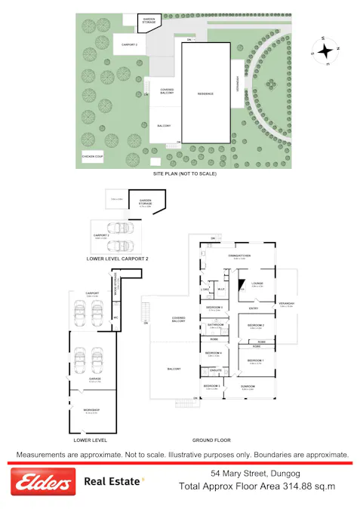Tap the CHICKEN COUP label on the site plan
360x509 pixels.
(x=92, y=156)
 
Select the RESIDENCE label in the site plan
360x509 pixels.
(x=205, y=94)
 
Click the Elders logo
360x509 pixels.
(x=42, y=481)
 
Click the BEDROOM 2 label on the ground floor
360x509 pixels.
(x=257, y=325)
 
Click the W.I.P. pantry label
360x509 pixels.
(x=222, y=290)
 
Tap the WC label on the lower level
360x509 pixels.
(x=115, y=316)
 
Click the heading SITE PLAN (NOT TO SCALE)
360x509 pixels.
(x=185, y=173)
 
